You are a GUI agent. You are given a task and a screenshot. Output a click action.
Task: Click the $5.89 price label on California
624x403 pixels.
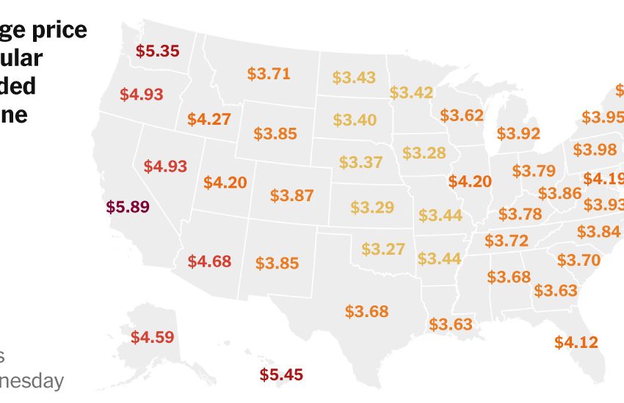click(128, 207)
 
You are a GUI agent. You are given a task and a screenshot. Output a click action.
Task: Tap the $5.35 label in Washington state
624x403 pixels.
click(158, 51)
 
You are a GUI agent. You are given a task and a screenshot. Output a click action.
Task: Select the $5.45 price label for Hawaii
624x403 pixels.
click(281, 374)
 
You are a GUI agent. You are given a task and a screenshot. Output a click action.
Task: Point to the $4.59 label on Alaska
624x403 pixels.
click(153, 338)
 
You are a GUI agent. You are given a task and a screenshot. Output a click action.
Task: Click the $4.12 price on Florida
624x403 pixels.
click(576, 341)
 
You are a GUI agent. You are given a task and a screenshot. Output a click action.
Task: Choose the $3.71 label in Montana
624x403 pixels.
click(269, 73)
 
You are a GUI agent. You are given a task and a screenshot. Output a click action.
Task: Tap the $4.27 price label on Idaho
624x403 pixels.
click(208, 119)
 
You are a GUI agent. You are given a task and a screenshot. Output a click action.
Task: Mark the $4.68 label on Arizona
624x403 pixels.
click(209, 261)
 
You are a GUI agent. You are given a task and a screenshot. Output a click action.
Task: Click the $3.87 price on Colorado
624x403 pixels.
click(291, 196)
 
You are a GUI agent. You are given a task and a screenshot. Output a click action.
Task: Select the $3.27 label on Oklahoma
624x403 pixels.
click(383, 249)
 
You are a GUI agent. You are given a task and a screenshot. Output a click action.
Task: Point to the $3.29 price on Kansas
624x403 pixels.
click(372, 208)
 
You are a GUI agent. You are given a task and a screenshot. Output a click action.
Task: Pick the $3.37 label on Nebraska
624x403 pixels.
click(360, 162)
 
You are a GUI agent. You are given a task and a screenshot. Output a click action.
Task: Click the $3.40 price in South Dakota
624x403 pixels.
click(355, 120)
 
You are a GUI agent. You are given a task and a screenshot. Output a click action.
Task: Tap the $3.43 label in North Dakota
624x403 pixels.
click(354, 77)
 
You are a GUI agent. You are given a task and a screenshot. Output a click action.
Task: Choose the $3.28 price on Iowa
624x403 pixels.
click(424, 153)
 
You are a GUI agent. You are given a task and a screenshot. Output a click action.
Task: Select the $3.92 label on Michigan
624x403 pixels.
click(518, 134)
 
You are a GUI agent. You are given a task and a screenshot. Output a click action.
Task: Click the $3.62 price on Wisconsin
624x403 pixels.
click(462, 115)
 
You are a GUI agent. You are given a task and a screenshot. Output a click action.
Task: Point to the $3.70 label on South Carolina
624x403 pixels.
click(578, 260)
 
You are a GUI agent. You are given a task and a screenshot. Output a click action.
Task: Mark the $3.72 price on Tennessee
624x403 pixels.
click(507, 241)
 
